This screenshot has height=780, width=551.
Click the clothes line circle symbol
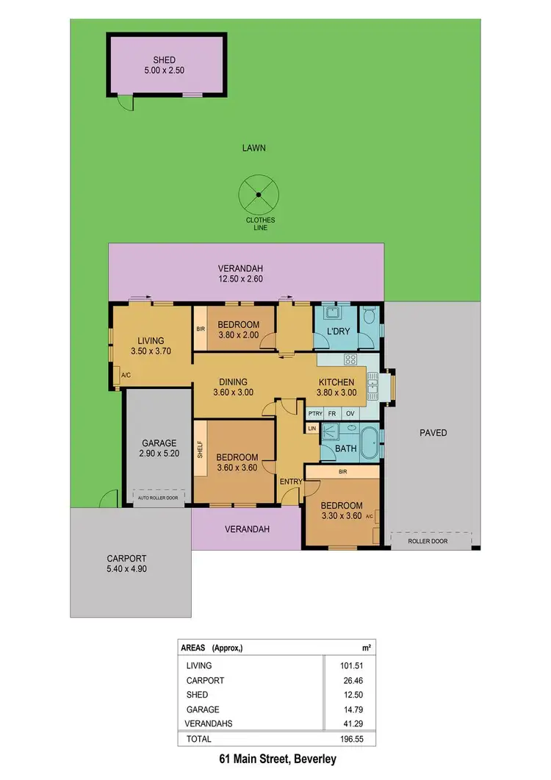(259, 194)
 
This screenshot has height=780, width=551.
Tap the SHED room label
(165, 60)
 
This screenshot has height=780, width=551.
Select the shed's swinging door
(126, 104)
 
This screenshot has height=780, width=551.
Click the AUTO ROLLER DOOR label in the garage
(159, 498)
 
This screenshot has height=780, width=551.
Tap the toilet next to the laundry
(370, 317)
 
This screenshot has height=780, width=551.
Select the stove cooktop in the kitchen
(351, 359)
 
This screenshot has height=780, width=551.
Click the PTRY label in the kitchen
(316, 413)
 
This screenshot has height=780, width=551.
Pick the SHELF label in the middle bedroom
(199, 450)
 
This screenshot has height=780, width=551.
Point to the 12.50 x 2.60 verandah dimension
(240, 279)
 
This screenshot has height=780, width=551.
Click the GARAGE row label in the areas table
(203, 709)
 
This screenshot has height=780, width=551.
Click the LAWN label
(253, 148)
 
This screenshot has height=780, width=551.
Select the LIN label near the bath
(311, 428)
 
